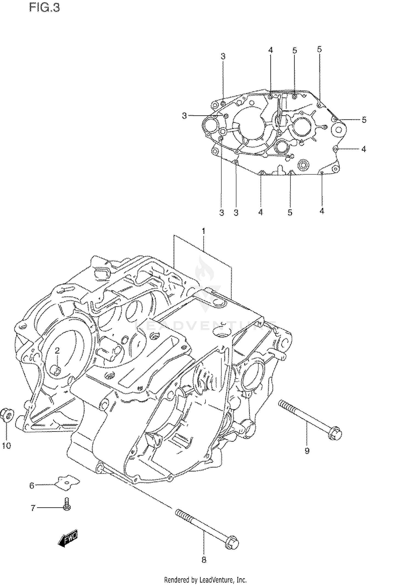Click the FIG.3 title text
point(44,8)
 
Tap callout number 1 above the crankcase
point(204,231)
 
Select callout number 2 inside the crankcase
point(57,351)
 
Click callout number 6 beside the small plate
point(32,486)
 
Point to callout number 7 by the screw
point(33,508)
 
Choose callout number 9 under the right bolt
point(307,450)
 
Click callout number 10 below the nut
point(7,446)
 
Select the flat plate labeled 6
point(67,483)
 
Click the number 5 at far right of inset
point(364,120)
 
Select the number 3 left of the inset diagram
point(184,116)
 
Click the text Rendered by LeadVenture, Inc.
point(205,580)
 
